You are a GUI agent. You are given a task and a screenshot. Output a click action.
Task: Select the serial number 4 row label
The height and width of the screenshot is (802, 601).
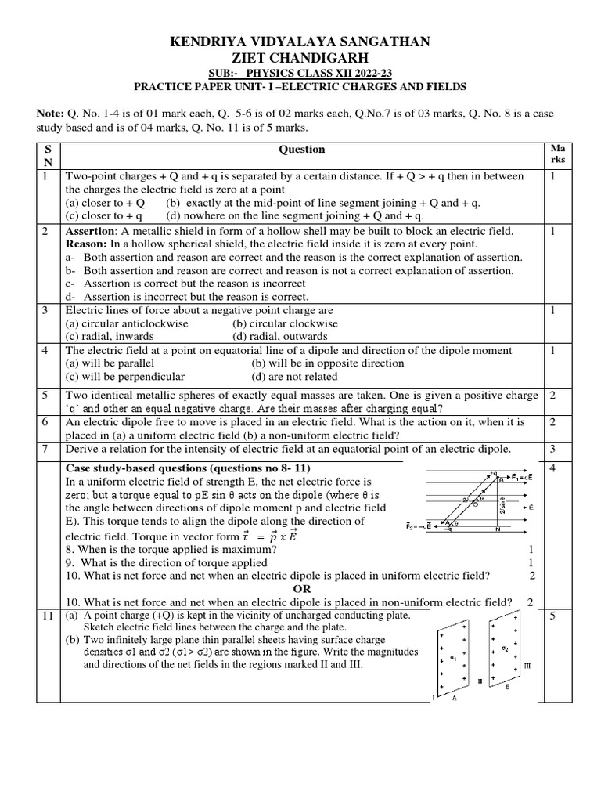point(45,350)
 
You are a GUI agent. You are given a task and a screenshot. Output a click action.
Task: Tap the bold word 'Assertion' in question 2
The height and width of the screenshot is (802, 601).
point(89,231)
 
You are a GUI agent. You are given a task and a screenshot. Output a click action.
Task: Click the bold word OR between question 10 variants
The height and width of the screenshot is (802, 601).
point(301,588)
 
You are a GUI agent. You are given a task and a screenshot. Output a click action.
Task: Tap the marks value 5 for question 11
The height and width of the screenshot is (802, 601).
point(552,616)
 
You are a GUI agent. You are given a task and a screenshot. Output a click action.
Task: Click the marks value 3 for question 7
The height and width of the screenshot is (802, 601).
point(552,449)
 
